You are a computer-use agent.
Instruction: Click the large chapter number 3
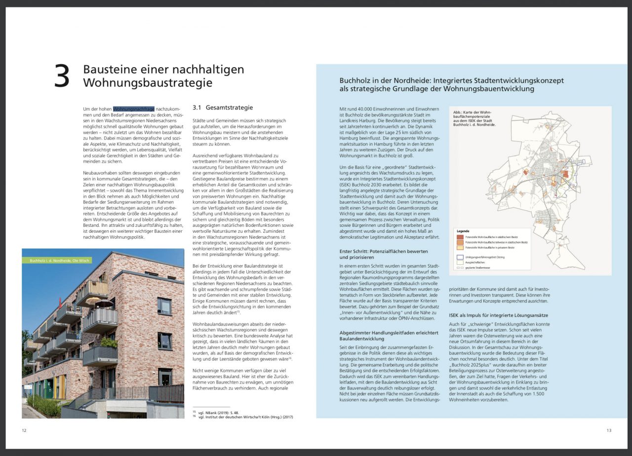click(62, 77)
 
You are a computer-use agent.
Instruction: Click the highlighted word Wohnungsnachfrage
click(134, 108)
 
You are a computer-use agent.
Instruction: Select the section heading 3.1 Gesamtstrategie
click(222, 107)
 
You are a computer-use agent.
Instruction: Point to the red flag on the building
click(61, 301)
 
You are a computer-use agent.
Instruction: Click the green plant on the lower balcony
click(108, 343)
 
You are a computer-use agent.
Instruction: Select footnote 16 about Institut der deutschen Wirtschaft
click(243, 417)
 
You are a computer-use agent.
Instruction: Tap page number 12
click(24, 430)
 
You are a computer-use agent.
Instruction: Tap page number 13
click(609, 430)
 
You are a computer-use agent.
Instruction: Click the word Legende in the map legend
click(463, 231)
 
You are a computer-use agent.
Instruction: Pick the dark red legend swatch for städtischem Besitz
click(460, 237)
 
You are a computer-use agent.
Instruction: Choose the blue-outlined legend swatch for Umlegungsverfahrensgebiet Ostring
click(460, 257)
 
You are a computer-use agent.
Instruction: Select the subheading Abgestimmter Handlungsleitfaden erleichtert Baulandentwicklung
click(389, 335)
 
